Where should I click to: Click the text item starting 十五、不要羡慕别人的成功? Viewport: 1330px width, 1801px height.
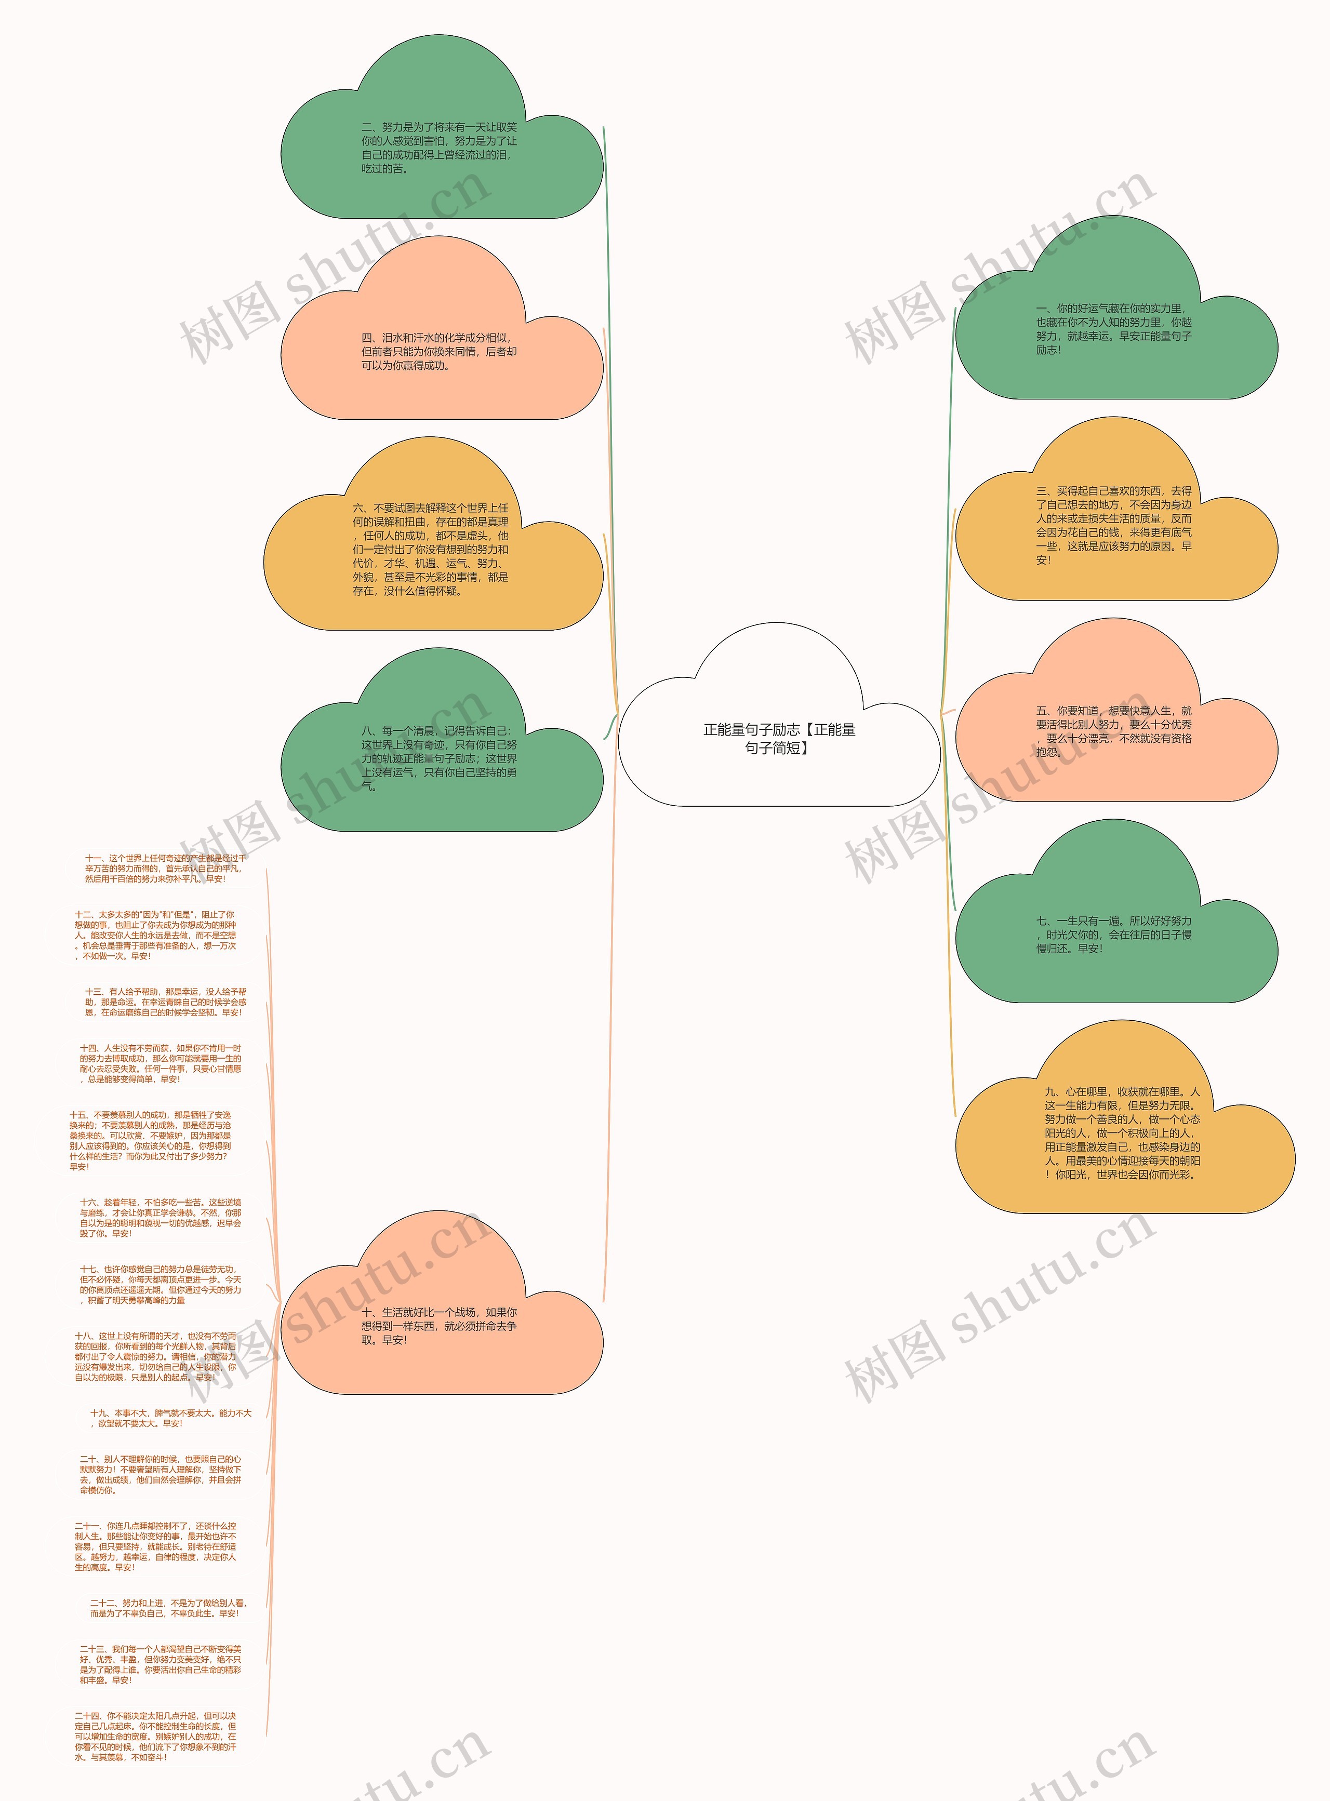tap(151, 1141)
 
